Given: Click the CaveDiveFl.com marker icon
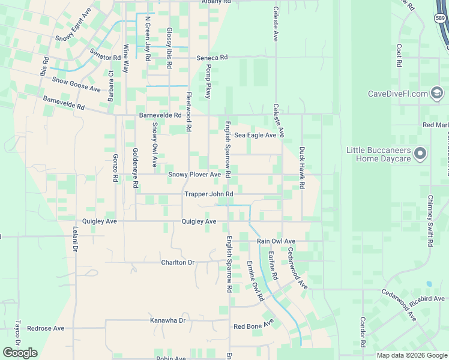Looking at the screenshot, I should (437, 93).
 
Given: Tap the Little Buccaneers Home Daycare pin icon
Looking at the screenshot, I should (420, 154).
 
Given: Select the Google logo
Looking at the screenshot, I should (20, 353).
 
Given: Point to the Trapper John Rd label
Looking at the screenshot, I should (208, 194).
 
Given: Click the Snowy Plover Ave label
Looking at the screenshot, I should (194, 175).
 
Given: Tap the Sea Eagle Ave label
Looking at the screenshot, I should (255, 136).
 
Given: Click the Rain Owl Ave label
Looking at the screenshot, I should (276, 241).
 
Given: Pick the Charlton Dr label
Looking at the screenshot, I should (178, 263).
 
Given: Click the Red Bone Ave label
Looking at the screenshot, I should (253, 326).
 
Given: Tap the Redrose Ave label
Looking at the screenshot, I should (46, 328).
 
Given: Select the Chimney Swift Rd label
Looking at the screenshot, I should (430, 221).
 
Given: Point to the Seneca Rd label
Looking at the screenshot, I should (212, 58).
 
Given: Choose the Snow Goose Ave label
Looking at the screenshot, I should (76, 84).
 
